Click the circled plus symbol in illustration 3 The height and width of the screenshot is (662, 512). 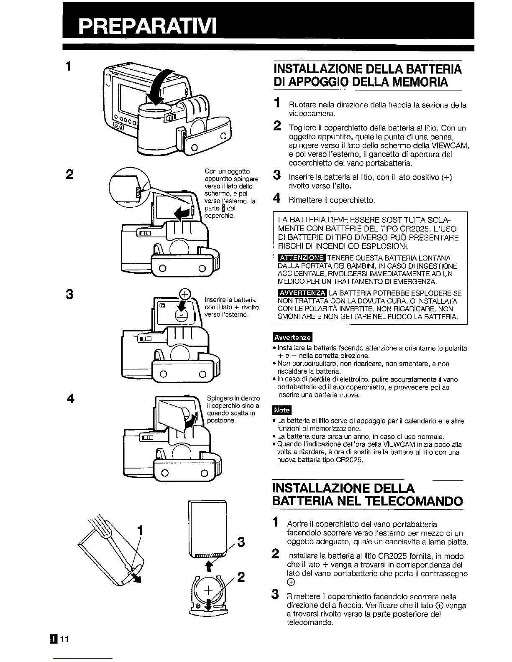(184, 294)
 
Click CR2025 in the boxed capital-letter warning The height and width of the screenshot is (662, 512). (404, 229)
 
